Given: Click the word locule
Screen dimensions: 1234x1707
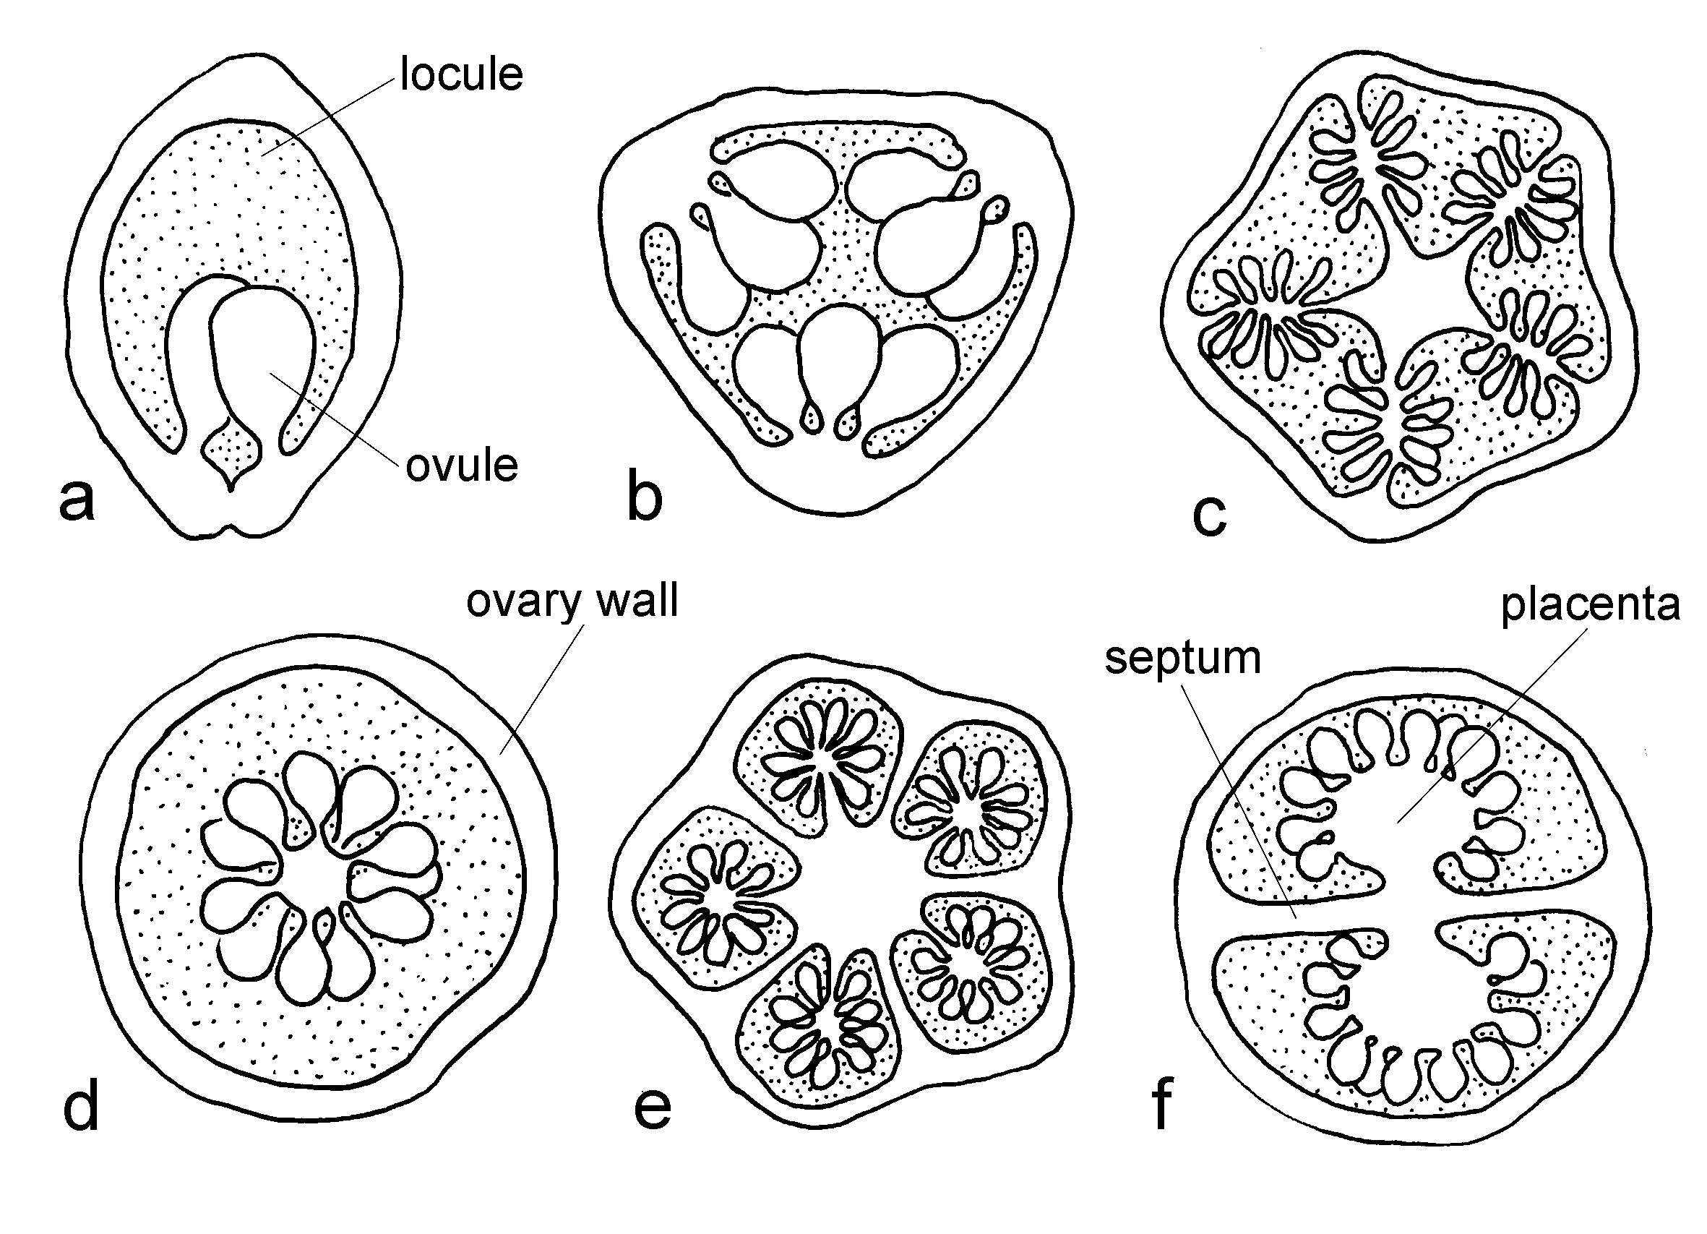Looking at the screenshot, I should pos(460,74).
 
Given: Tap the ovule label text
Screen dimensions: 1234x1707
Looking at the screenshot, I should pos(461,466).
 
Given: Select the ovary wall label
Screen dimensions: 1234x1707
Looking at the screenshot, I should pos(572,601).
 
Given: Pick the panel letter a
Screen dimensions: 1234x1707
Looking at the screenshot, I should pos(77,500).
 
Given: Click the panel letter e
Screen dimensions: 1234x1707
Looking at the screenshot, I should pos(652,1107).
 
